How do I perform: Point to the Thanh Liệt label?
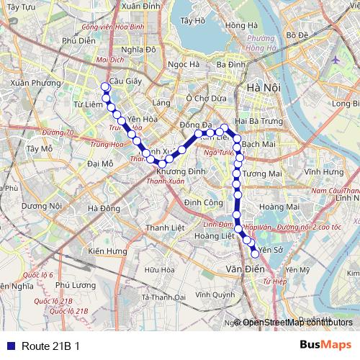coord(161,228)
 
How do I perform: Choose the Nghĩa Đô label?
coord(139,50)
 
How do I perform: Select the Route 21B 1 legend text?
coord(50,345)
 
